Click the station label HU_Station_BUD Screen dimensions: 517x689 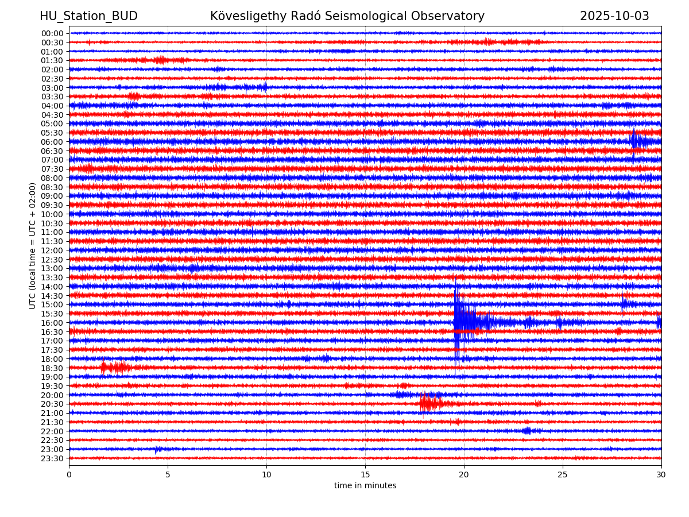88,16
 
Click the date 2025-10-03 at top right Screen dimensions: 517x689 614,16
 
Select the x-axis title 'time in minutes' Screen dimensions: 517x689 365,486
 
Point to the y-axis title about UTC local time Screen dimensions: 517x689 33,246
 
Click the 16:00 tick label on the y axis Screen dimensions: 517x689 52,323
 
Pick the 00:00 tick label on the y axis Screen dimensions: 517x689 52,33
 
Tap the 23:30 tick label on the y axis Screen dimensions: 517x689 52,458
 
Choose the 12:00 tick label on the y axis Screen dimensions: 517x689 52,250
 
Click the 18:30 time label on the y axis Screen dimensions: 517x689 52,368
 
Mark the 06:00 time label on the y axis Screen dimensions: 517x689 52,142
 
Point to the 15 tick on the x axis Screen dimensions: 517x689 365,474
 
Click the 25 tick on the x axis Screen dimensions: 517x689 563,474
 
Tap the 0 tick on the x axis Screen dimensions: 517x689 69,474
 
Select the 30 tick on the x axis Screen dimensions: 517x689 661,474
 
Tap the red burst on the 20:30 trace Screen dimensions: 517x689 428,403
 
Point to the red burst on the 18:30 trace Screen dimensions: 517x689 115,367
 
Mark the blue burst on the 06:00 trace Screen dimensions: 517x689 636,141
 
